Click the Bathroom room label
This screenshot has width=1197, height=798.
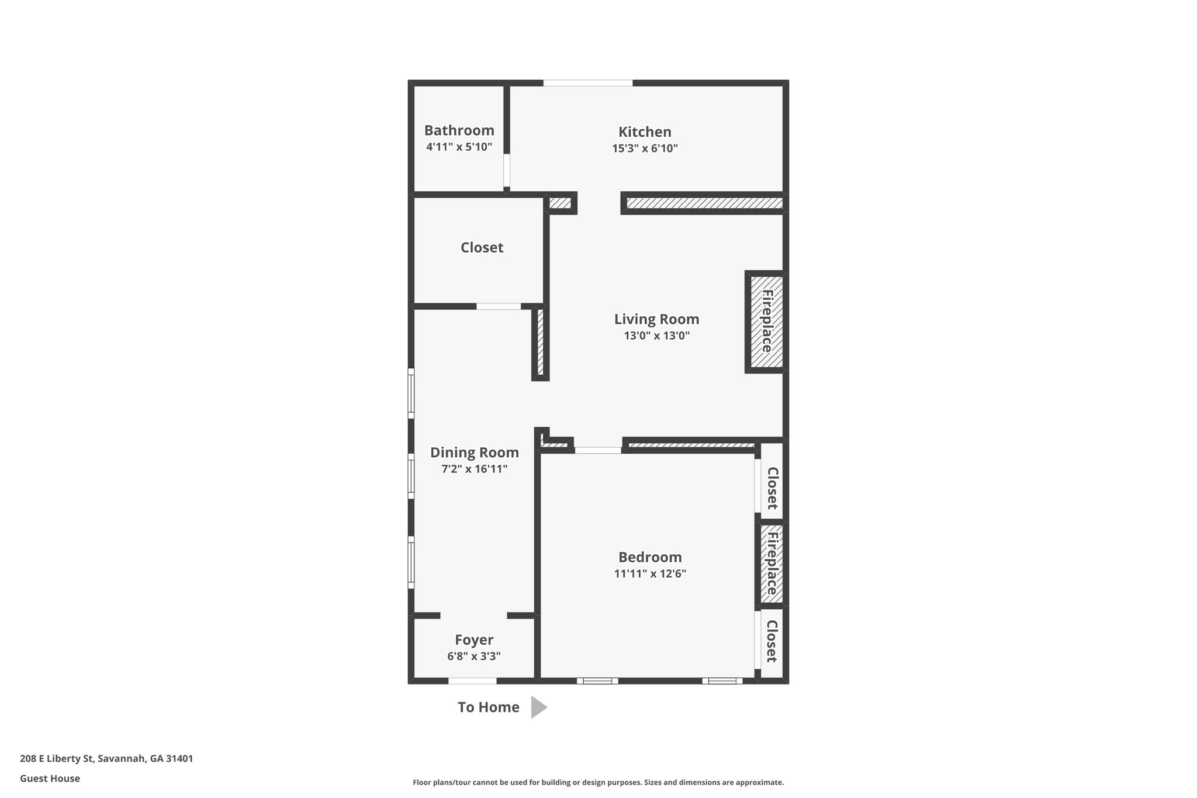[x=459, y=130]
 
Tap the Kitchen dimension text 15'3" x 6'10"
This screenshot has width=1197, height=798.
[x=645, y=148]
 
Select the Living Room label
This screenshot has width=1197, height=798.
[x=656, y=319]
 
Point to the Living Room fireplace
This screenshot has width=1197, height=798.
[x=766, y=322]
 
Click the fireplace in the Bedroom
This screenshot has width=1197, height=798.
[x=772, y=564]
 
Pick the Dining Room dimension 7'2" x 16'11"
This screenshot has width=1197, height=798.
[x=475, y=469]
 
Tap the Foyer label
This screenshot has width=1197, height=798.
[x=474, y=640]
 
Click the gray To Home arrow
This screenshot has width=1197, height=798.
[x=538, y=707]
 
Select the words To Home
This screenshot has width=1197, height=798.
[x=489, y=707]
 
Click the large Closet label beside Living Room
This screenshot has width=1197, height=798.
[x=482, y=247]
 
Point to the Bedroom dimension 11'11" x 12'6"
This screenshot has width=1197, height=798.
[x=650, y=574]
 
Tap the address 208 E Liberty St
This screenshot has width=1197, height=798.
[x=57, y=759]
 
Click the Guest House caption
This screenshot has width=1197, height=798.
[x=50, y=779]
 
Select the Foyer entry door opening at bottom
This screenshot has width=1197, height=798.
[x=472, y=680]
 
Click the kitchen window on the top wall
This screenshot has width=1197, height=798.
[x=588, y=83]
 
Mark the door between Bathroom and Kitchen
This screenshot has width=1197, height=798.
[x=507, y=170]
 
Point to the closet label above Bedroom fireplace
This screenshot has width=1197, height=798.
[x=772, y=488]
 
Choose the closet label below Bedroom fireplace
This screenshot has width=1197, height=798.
[x=771, y=641]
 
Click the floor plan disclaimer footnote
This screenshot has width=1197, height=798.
[x=598, y=782]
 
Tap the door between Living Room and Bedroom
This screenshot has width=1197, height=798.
[x=598, y=450]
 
